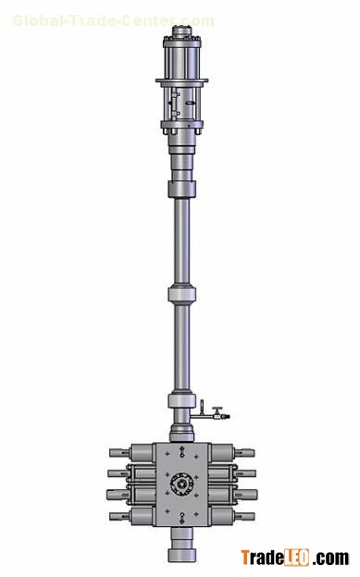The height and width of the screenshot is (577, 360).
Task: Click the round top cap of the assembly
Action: coord(181,31)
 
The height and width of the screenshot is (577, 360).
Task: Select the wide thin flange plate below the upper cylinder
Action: coord(181,80)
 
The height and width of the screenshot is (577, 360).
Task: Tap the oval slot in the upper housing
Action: coord(191,103)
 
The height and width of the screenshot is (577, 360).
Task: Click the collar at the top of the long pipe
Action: coord(181,190)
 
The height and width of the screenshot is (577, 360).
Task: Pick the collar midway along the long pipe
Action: coord(181,294)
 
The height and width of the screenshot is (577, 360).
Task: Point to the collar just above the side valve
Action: coord(181,400)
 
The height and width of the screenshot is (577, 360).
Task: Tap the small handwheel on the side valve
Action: coord(217,409)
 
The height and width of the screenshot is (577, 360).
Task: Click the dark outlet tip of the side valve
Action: coord(227,416)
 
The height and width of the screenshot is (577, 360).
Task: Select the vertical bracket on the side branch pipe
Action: coord(202,408)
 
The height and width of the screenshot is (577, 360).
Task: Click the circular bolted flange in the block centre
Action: coord(181,485)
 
